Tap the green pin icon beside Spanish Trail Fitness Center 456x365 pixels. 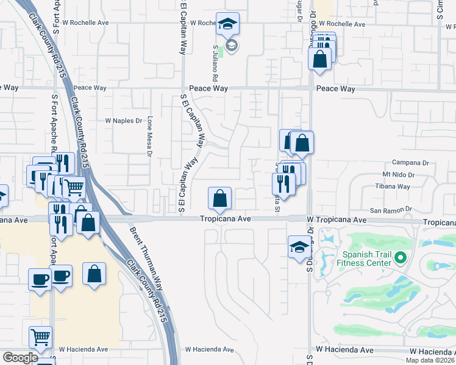click(x=401, y=258)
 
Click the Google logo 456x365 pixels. click(x=20, y=358)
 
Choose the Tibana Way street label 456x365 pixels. click(x=392, y=186)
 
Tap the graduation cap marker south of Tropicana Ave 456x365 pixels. click(x=299, y=247)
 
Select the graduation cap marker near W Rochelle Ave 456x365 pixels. click(x=227, y=24)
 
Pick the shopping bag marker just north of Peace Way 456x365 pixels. click(x=320, y=59)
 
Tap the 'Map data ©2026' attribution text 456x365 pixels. click(x=430, y=360)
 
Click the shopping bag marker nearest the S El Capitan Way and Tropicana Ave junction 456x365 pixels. click(x=219, y=198)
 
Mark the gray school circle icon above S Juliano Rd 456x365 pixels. click(x=231, y=45)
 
